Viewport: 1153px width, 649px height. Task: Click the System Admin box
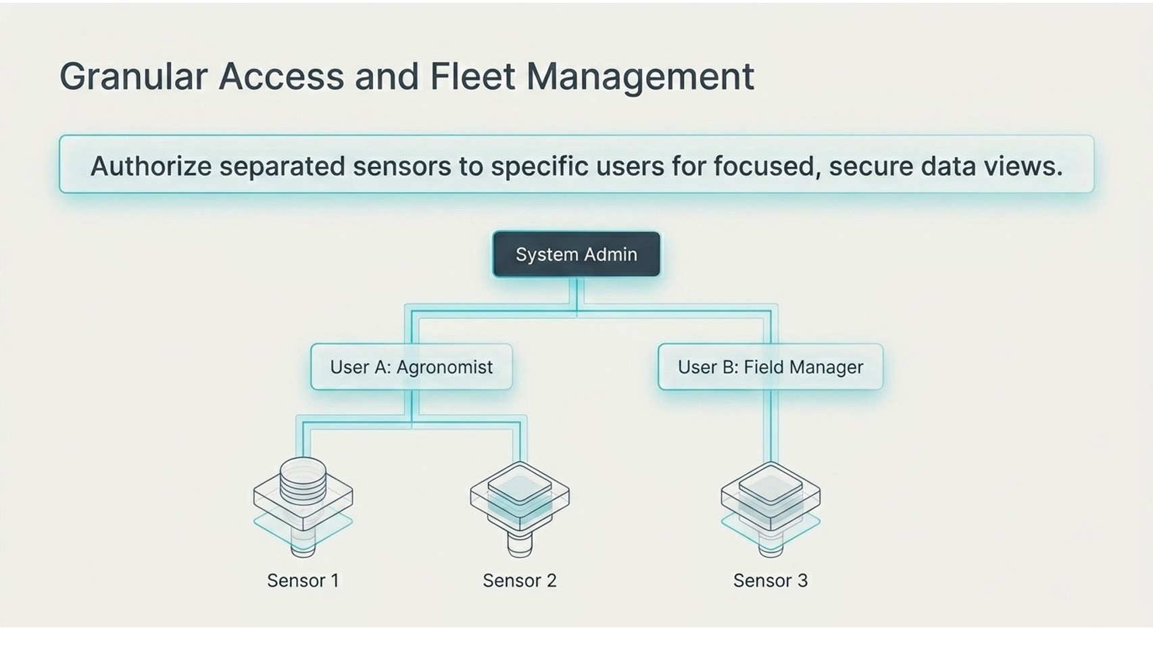pos(576,254)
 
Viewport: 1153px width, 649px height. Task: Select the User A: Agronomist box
pos(411,367)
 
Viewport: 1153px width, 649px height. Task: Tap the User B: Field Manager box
pos(770,367)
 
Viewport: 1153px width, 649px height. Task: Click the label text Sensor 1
pos(303,581)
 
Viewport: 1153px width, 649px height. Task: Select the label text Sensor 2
pos(519,581)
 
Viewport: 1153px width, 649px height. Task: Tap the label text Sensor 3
pos(770,581)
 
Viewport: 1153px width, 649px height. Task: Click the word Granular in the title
pos(133,76)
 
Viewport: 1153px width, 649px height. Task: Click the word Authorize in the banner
pos(151,166)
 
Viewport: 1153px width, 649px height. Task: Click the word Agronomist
pos(444,367)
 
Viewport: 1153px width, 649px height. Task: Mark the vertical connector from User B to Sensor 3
pos(770,426)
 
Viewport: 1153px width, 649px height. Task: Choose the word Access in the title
pos(281,76)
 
